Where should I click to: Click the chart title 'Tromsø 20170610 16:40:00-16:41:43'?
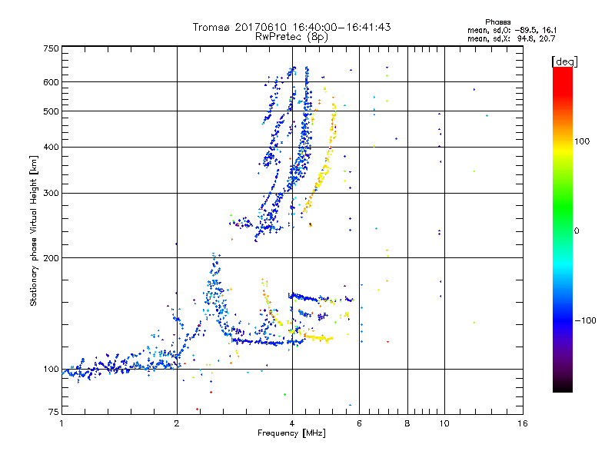[291, 27]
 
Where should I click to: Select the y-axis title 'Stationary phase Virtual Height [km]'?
[35, 230]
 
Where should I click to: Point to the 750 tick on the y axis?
[52, 48]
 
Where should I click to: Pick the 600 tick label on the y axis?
[52, 82]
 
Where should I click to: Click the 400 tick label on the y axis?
[52, 147]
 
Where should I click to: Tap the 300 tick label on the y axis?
[52, 193]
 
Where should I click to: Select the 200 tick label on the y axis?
[52, 257]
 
